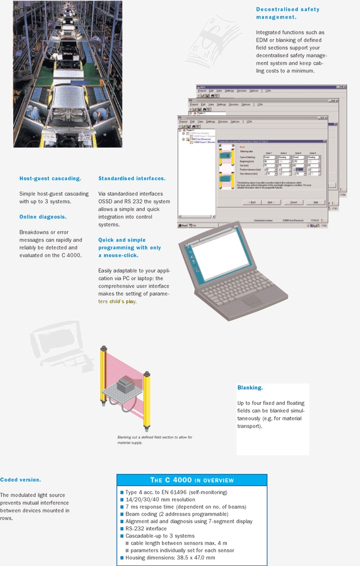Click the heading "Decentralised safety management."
click(287, 13)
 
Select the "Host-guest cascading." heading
click(50, 178)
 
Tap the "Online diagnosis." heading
click(43, 217)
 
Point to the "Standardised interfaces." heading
click(132, 178)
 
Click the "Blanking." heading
click(250, 388)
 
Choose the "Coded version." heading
click(20, 480)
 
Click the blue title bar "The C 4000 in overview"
click(192, 480)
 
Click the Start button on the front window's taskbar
click(183, 225)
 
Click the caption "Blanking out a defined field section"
click(154, 438)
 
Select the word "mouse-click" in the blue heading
click(121, 256)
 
